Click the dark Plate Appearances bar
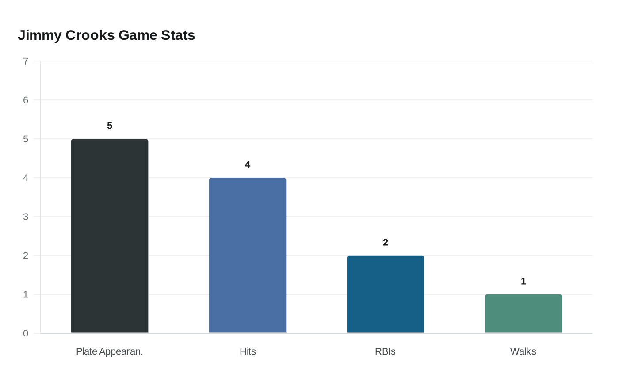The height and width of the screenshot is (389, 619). coord(110,236)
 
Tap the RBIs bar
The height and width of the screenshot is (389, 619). coord(386,294)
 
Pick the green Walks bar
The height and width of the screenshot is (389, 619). coord(523,314)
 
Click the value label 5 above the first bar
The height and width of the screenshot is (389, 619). coord(110,126)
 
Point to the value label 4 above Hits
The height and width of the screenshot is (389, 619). coord(248,165)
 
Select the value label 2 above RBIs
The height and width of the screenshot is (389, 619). coord(386,243)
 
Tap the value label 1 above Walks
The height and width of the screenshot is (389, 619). coord(523,282)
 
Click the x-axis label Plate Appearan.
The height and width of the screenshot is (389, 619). coord(110,351)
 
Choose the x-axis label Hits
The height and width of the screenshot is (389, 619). coord(248,351)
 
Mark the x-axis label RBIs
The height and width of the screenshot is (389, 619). coord(385,351)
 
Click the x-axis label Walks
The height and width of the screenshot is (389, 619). coord(523,351)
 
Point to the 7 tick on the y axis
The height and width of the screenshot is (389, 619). coord(26,61)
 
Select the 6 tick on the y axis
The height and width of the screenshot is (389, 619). coord(26,100)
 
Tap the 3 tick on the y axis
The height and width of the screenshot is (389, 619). coord(26,217)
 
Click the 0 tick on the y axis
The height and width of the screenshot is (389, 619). coord(26,333)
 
